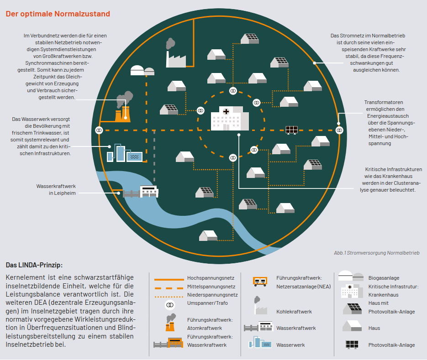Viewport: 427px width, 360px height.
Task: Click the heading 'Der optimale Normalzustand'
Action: click(x=58, y=14)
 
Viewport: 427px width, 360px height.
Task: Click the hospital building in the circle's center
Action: click(x=230, y=119)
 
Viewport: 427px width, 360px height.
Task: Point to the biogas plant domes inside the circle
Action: click(x=142, y=70)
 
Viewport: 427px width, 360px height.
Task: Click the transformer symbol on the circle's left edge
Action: click(x=99, y=130)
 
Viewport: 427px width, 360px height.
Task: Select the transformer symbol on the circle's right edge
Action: click(x=339, y=130)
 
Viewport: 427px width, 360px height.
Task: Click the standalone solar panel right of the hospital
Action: click(x=291, y=130)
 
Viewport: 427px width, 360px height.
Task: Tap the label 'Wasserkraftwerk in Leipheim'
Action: click(x=56, y=189)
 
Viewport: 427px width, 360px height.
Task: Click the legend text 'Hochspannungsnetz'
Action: click(x=211, y=278)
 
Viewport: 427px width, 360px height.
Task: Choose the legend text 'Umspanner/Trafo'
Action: click(x=207, y=303)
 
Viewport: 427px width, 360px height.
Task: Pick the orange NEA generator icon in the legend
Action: click(x=260, y=282)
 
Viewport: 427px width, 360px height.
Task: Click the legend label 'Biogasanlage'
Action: click(x=384, y=278)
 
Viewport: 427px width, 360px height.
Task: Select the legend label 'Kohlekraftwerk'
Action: click(x=294, y=312)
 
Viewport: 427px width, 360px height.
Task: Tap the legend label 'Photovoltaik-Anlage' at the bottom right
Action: click(x=391, y=345)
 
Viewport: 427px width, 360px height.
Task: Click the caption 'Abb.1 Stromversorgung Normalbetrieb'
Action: click(x=376, y=253)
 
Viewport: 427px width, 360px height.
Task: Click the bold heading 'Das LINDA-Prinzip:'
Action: click(x=34, y=265)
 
